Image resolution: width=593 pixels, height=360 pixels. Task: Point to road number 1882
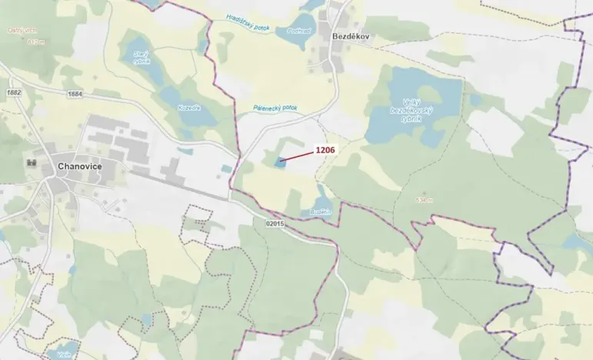pos(12,92)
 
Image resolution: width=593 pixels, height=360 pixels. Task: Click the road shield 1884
pos(75,94)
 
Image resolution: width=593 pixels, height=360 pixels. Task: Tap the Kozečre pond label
pos(189,108)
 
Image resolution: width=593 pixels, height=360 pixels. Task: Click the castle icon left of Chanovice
pos(33,162)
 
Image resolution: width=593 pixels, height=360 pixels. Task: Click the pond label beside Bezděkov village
pos(300,30)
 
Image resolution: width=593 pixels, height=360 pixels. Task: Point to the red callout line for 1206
pos(298,157)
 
